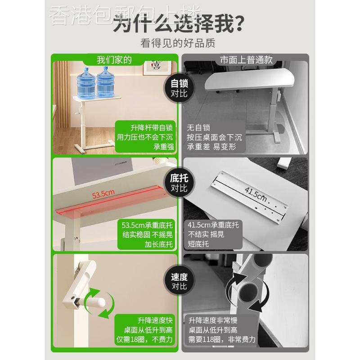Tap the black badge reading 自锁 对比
(x=179, y=89)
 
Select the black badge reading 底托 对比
(x=179, y=183)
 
